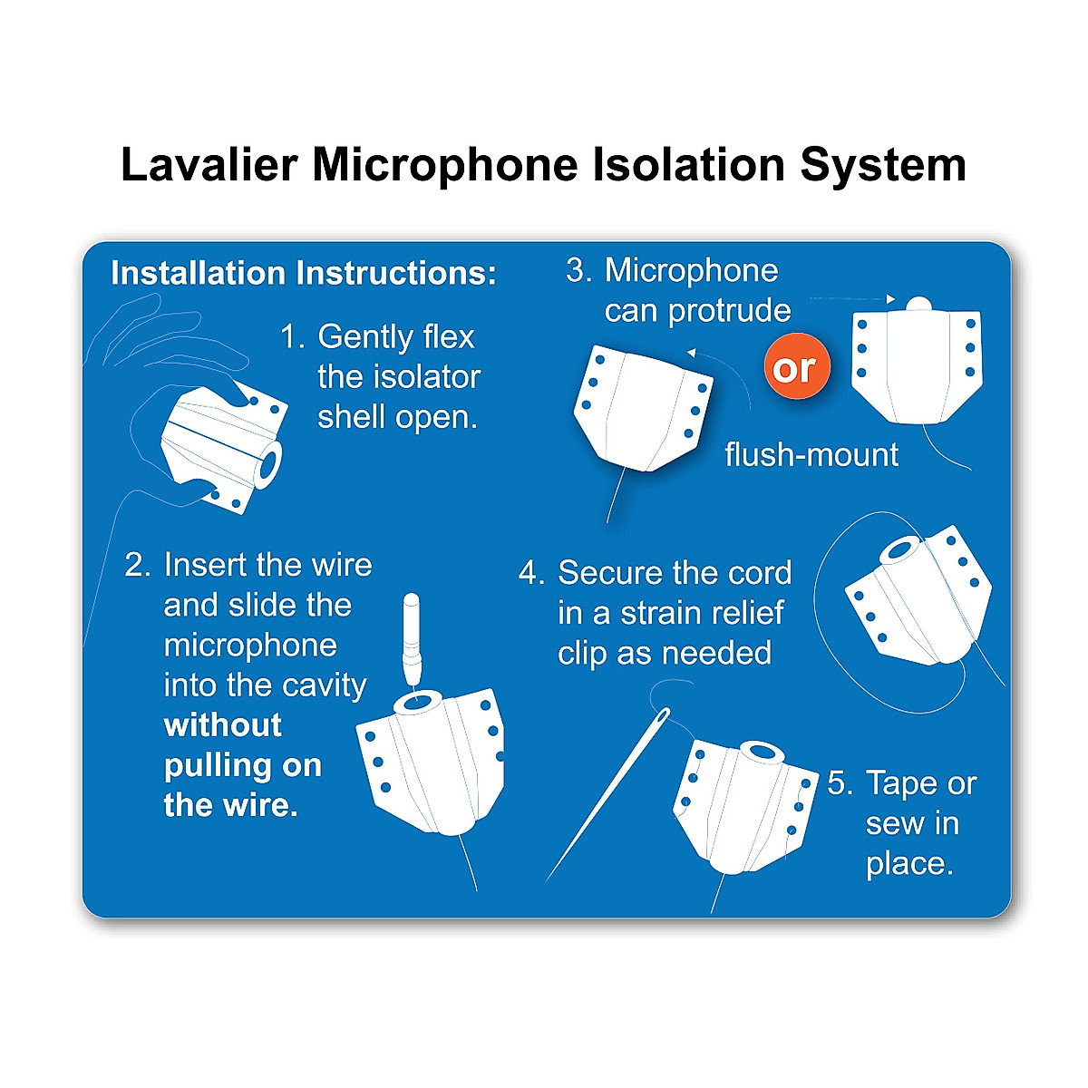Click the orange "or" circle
[x=796, y=368]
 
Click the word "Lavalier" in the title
[x=209, y=165]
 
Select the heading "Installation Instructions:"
[x=304, y=273]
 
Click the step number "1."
[x=292, y=337]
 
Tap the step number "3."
[x=579, y=270]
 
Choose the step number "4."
[x=531, y=573]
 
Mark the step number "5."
[x=840, y=783]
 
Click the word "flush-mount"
[x=811, y=455]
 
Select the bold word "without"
[x=223, y=725]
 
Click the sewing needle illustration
[x=607, y=793]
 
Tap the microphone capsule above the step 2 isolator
[x=412, y=635]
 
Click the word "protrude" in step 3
[x=730, y=311]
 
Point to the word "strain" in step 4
[x=664, y=614]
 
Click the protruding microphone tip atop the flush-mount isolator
[x=918, y=306]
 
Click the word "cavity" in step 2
[x=323, y=685]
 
